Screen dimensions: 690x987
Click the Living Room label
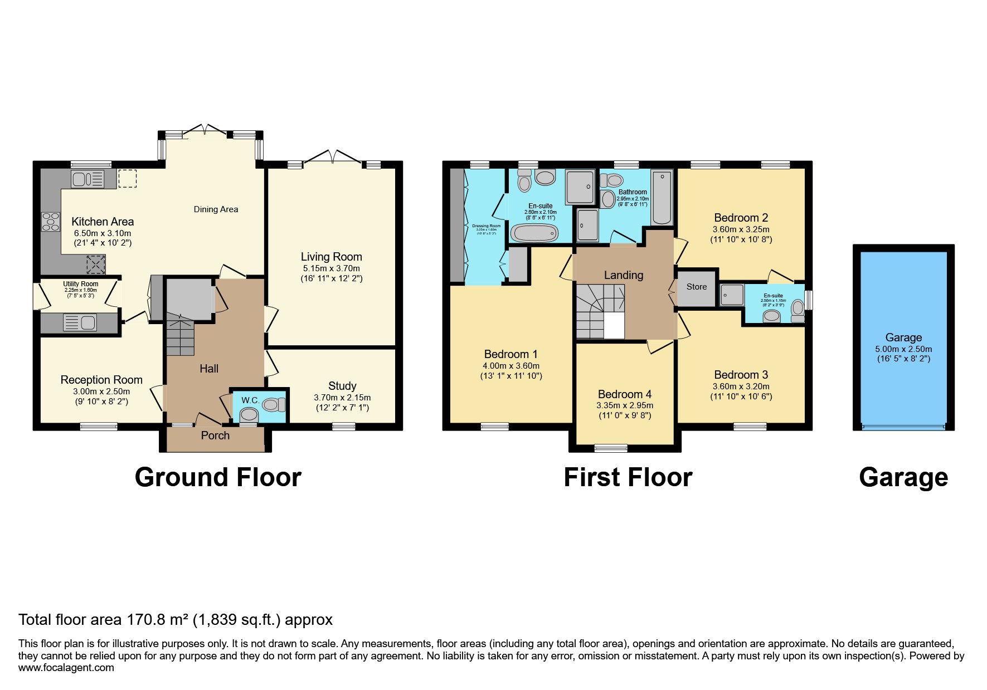331,257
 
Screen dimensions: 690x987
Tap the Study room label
342,386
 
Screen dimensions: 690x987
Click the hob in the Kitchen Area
50,222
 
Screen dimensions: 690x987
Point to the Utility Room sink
80,322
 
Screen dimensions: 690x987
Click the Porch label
215,435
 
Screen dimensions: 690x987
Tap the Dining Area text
216,209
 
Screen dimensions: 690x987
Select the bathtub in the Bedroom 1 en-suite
534,233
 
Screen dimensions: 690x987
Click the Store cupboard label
696,287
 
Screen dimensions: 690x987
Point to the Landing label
623,275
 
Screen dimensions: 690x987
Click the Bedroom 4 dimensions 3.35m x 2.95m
624,405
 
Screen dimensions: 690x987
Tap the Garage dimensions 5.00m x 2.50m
903,349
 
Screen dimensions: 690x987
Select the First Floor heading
628,477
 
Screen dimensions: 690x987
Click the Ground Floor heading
218,477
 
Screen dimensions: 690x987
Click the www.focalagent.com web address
66,668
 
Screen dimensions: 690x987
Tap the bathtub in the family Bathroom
662,198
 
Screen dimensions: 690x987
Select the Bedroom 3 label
741,375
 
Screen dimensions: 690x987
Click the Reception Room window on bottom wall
99,427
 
